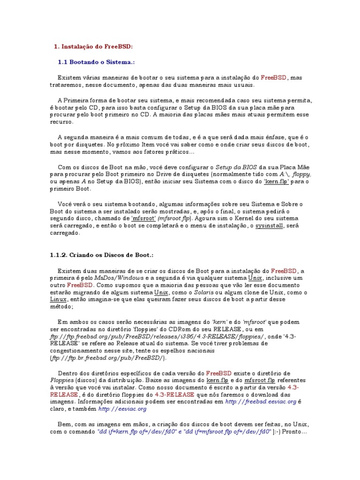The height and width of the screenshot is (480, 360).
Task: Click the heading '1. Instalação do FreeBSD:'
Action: click(x=93, y=46)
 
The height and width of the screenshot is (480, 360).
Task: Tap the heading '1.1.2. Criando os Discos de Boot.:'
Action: click(x=102, y=255)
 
